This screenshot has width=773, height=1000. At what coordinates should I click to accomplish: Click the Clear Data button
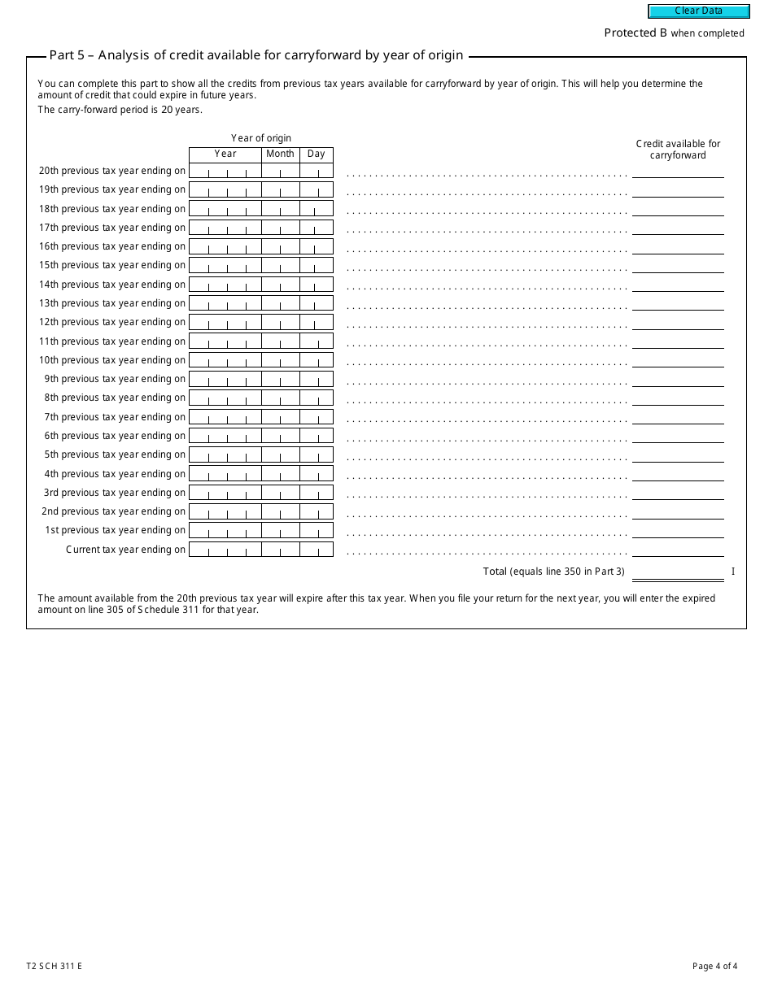coord(698,11)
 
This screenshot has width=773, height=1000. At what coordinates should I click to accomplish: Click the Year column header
coord(225,154)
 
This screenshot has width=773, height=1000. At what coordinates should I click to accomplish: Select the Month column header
coord(280,154)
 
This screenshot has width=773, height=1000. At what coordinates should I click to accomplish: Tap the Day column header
coord(316,154)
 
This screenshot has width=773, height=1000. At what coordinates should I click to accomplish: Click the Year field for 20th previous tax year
coord(225,171)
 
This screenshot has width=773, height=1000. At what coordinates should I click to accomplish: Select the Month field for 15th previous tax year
coord(280,265)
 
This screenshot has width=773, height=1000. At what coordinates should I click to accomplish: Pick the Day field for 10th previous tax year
coord(316,360)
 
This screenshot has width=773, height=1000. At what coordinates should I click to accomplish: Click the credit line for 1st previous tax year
coord(678,530)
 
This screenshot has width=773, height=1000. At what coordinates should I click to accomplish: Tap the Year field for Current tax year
coord(225,550)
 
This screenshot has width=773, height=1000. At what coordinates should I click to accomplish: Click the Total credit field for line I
coord(678,572)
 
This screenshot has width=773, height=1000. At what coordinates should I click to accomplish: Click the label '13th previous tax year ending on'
coord(112,303)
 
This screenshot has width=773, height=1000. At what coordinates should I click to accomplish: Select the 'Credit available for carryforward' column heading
coord(678,150)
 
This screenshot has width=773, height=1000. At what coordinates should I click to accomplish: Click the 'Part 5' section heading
coord(256,55)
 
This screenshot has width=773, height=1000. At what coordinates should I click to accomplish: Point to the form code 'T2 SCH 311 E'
coord(59,967)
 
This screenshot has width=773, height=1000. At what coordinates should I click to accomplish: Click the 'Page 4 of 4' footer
coord(714,967)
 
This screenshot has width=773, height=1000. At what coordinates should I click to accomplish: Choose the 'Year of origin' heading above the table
coord(260,138)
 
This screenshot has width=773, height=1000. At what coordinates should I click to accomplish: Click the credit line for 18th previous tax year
coord(678,209)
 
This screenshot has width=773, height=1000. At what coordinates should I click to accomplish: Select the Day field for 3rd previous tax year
coord(316,493)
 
